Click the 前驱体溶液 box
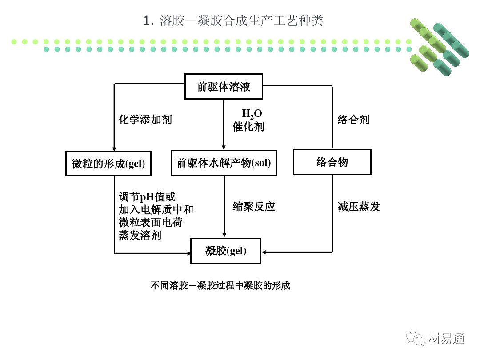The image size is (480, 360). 224,86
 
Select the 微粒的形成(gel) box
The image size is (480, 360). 108,163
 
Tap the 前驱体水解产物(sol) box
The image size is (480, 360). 224,163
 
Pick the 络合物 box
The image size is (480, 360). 332,162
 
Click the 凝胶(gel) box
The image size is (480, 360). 226,251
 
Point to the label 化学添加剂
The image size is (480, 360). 145,120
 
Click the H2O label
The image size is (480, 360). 252,114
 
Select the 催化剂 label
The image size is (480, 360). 248,127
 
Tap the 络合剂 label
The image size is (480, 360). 353,120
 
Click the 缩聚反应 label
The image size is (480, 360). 254,206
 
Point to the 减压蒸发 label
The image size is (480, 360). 359,207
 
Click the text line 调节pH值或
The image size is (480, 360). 147,196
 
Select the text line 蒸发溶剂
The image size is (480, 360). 140,235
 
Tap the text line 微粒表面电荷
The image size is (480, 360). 150,222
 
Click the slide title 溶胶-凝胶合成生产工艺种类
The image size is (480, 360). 234,21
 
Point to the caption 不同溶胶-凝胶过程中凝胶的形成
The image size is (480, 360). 220,285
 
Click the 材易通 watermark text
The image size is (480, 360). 447,339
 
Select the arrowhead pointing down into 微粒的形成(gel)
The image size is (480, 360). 114,148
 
